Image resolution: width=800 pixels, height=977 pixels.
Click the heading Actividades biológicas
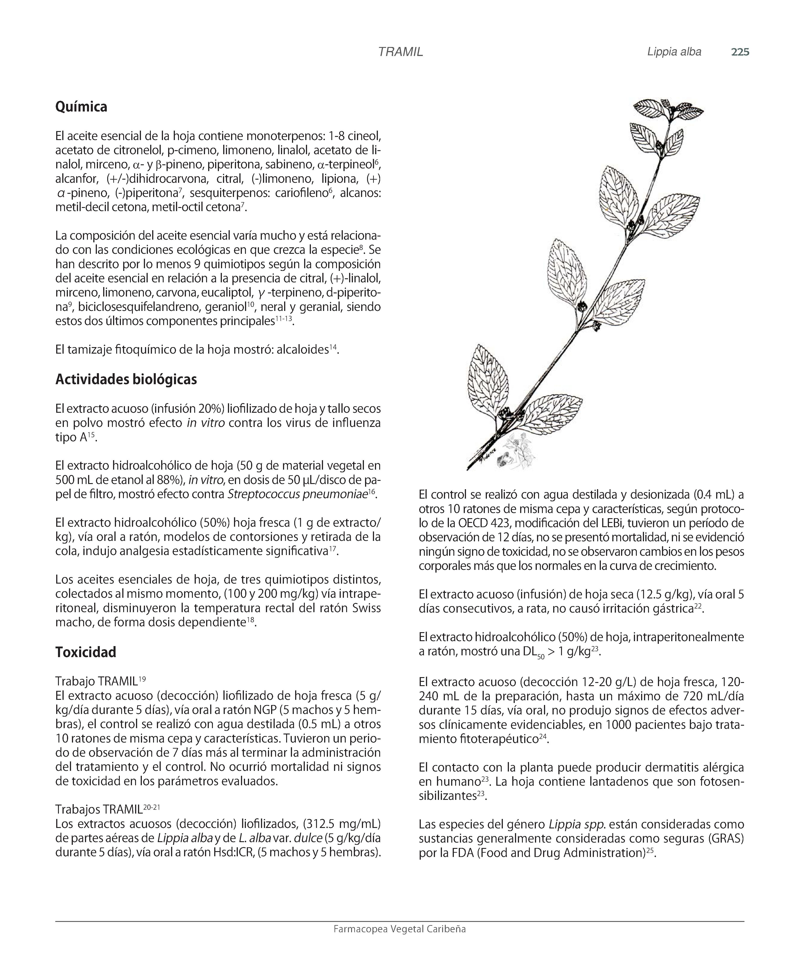[x=126, y=379]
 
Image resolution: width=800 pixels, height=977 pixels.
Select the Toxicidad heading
[x=86, y=652]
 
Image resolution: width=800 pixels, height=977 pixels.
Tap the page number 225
[x=740, y=52]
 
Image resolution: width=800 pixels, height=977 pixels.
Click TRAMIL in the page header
[x=400, y=52]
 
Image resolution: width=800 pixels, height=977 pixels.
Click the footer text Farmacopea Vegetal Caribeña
[x=399, y=929]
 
